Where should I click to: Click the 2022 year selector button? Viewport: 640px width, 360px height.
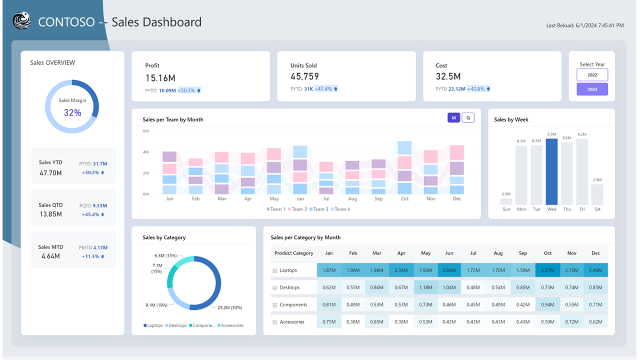click(x=592, y=75)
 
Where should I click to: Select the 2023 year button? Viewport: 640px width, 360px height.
click(x=592, y=89)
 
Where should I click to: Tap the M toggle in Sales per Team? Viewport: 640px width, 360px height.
click(x=453, y=118)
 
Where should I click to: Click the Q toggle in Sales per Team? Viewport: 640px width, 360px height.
click(x=468, y=118)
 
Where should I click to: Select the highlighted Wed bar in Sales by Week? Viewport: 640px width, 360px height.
click(x=551, y=172)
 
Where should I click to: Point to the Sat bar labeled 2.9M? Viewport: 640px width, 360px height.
click(x=597, y=195)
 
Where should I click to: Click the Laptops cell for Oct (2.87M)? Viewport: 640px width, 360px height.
click(x=547, y=270)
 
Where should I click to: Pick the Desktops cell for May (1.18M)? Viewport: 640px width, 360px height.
click(x=426, y=287)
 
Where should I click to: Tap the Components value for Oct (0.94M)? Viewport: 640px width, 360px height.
click(x=547, y=305)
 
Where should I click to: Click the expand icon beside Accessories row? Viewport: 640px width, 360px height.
click(x=275, y=322)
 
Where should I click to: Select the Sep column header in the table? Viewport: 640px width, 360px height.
click(x=523, y=253)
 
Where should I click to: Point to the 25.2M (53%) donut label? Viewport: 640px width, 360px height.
click(x=230, y=307)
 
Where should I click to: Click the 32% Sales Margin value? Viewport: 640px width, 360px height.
click(x=72, y=113)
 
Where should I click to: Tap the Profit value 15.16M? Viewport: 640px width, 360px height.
click(x=161, y=78)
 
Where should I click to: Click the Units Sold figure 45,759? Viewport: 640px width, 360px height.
click(x=305, y=77)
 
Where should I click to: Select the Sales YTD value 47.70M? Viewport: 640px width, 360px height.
click(x=51, y=173)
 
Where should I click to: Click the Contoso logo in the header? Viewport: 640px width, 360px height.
click(x=22, y=21)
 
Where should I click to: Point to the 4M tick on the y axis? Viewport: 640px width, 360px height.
click(x=146, y=152)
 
